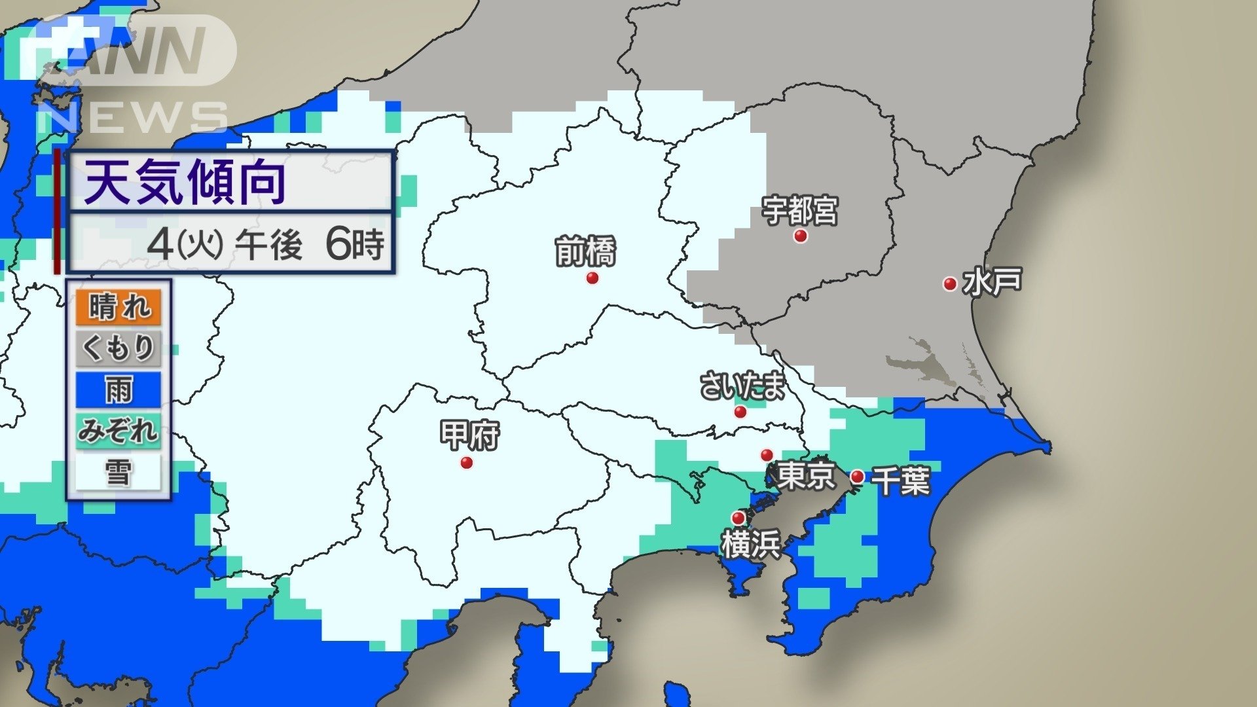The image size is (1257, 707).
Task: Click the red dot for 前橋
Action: pyautogui.click(x=592, y=278)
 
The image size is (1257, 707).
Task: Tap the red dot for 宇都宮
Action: pyautogui.click(x=800, y=236)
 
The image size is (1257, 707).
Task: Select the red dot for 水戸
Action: pyautogui.click(x=949, y=284)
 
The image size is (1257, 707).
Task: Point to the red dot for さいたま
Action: pyautogui.click(x=740, y=412)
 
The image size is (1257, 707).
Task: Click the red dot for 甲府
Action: pyautogui.click(x=467, y=463)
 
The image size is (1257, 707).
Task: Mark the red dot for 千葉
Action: pyautogui.click(x=857, y=477)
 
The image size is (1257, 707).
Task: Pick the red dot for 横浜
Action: pyautogui.click(x=738, y=518)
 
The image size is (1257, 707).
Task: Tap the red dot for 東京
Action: pyautogui.click(x=767, y=455)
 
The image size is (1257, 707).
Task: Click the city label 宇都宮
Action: pyautogui.click(x=799, y=210)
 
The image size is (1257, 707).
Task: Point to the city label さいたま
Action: pyautogui.click(x=742, y=386)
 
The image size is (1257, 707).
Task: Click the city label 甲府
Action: pyautogui.click(x=469, y=435)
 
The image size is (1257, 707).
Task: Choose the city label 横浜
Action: pyautogui.click(x=751, y=545)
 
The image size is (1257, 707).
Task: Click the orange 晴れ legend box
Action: pyautogui.click(x=118, y=307)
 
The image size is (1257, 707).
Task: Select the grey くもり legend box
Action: pyautogui.click(x=118, y=348)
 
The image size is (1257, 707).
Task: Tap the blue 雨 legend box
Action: pyautogui.click(x=118, y=390)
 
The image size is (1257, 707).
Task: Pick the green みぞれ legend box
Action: pyautogui.click(x=118, y=430)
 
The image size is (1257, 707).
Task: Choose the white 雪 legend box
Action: pyautogui.click(x=118, y=472)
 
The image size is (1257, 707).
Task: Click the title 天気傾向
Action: pyautogui.click(x=185, y=183)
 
